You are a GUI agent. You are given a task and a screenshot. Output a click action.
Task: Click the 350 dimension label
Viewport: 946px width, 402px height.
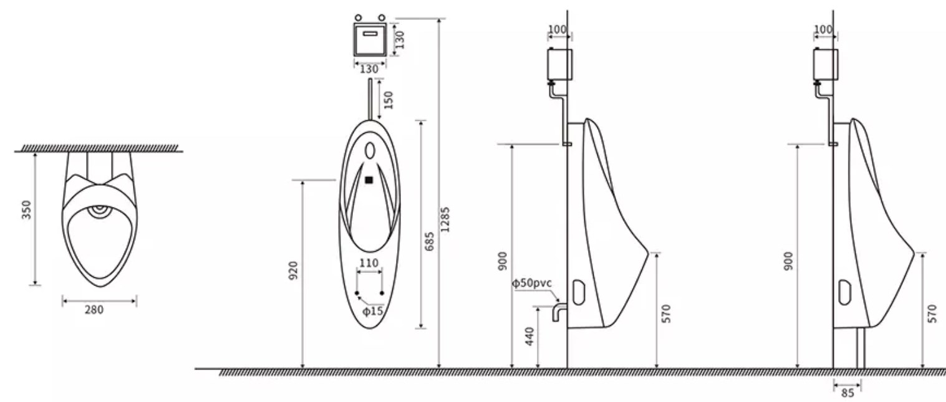tap(26, 210)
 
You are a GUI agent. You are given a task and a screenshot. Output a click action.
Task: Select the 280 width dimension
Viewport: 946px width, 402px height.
tap(94, 310)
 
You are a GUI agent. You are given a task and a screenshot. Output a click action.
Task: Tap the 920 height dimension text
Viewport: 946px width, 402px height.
tap(293, 270)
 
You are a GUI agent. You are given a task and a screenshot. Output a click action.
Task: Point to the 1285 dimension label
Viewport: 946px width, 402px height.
tap(445, 219)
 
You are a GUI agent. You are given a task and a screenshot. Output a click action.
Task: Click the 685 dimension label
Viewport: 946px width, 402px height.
tap(429, 241)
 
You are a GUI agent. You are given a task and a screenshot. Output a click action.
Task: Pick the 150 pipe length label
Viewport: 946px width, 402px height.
tap(389, 100)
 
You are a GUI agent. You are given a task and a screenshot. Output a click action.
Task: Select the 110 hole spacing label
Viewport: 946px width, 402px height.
tap(369, 263)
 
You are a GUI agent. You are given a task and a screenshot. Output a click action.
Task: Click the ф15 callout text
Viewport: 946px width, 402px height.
tap(373, 311)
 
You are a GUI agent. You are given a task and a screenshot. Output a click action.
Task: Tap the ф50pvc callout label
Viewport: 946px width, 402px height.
tap(532, 283)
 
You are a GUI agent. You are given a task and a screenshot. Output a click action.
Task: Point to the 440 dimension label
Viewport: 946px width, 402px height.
tap(529, 336)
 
